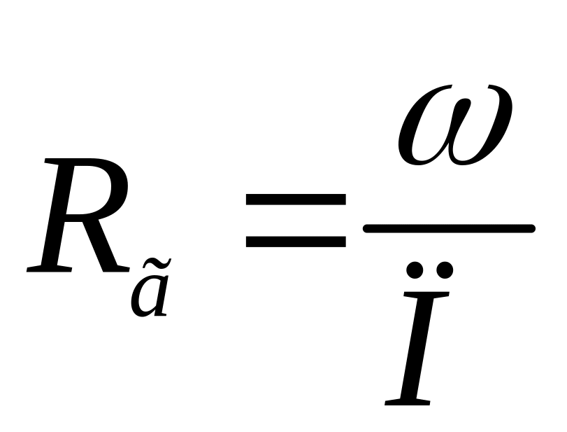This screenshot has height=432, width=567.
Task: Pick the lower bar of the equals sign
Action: coord(296,242)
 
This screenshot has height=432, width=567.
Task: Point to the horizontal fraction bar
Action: coord(448,228)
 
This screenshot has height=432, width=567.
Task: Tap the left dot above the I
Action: coord(415,270)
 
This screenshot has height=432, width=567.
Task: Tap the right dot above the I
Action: coord(445,270)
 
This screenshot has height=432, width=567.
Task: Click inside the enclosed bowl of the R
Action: coord(94,188)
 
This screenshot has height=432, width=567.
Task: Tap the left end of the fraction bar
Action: coord(368,228)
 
